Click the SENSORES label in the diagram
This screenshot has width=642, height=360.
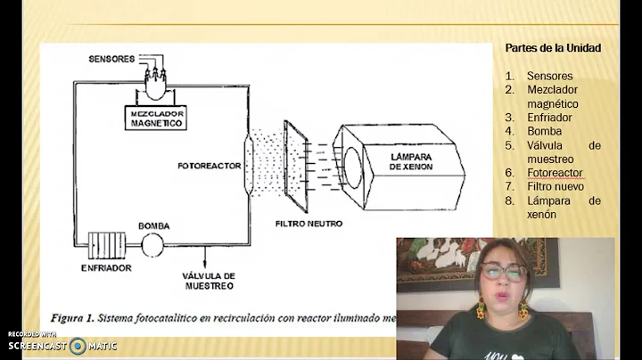tap(111, 59)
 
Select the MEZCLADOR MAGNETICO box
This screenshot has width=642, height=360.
tap(156, 118)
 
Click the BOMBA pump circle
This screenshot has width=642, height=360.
tap(154, 242)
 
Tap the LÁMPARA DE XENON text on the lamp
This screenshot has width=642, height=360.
tap(409, 162)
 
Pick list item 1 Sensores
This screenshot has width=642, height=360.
tap(549, 76)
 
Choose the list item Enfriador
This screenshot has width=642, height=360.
tap(549, 117)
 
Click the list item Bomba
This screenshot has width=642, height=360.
tap(544, 131)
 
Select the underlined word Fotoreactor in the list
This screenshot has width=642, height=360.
tap(555, 172)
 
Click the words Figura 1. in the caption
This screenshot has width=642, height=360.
tap(78, 317)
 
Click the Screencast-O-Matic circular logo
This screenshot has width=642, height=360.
tap(78, 346)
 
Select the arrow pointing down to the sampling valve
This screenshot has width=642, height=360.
tap(205, 258)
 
